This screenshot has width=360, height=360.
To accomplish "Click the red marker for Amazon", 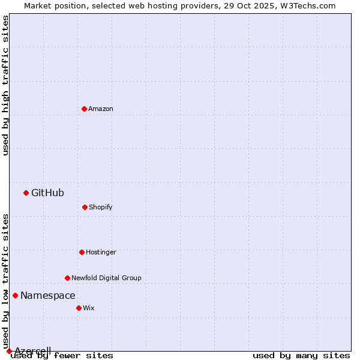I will (x=84, y=109).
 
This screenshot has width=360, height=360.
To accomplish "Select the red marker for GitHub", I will (x=26, y=193).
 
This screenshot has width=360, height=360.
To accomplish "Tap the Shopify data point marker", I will (x=85, y=207).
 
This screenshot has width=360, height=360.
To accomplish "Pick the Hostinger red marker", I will (x=82, y=252).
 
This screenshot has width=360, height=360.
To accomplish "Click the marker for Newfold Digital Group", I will (x=67, y=278).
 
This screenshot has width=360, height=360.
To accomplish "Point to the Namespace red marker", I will (x=15, y=295).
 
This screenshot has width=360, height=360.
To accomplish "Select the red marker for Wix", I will (x=79, y=308).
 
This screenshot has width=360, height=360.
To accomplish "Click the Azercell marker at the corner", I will (x=9, y=351).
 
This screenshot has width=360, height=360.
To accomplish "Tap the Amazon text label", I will (x=101, y=109).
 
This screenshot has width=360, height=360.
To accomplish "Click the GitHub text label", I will (x=47, y=193).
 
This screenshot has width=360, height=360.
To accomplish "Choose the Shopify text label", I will (x=101, y=207).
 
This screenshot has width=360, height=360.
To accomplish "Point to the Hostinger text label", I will (x=101, y=252).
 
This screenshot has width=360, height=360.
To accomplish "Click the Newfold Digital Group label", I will (x=106, y=278).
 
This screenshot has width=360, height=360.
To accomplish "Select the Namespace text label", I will (x=48, y=295).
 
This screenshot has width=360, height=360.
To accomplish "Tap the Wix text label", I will (x=89, y=308).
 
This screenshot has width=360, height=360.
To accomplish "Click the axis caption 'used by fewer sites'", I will (x=62, y=355).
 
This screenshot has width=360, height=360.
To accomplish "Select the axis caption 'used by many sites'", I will (x=301, y=355).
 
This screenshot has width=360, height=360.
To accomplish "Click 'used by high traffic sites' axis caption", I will (x=6, y=85).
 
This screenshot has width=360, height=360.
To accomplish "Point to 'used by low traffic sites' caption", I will (x=6, y=281).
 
